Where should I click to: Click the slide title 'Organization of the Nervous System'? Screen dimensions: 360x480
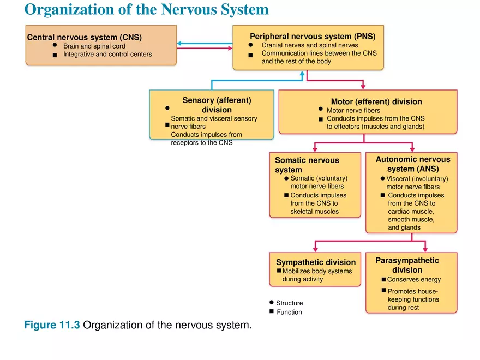pos(147,10)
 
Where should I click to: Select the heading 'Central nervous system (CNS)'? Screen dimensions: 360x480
pos(85,37)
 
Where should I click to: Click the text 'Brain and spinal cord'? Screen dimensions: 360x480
pos(94,46)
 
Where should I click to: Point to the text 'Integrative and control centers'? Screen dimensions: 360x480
pos(107,55)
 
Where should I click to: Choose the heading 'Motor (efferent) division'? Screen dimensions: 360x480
pos(376,101)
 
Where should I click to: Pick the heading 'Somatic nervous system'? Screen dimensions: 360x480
pos(307,165)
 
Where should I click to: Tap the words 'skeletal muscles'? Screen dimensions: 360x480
pos(315,212)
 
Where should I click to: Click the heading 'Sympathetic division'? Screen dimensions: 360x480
pos(316,262)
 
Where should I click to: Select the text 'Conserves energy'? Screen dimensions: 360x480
pos(414,280)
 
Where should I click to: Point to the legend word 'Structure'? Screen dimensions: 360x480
pos(289,303)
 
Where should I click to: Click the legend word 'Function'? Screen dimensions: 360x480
pos(289,313)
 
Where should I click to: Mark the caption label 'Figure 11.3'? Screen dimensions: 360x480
pos(52,326)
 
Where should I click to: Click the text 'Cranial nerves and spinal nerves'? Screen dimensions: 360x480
pos(310,45)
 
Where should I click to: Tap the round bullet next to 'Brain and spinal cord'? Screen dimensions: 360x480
pos(55,46)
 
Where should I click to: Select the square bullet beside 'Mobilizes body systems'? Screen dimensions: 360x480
pos(279,271)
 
